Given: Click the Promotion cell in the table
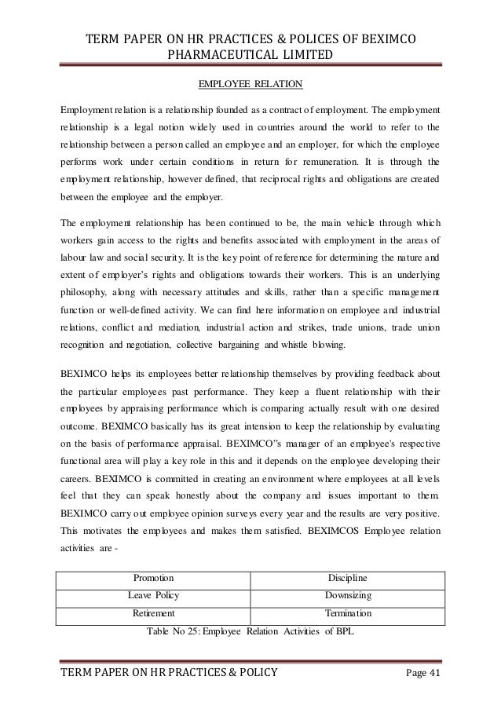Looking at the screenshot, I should (x=153, y=579).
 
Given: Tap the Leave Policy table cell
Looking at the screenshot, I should (x=154, y=596).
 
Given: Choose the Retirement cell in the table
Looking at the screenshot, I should (x=154, y=613).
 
